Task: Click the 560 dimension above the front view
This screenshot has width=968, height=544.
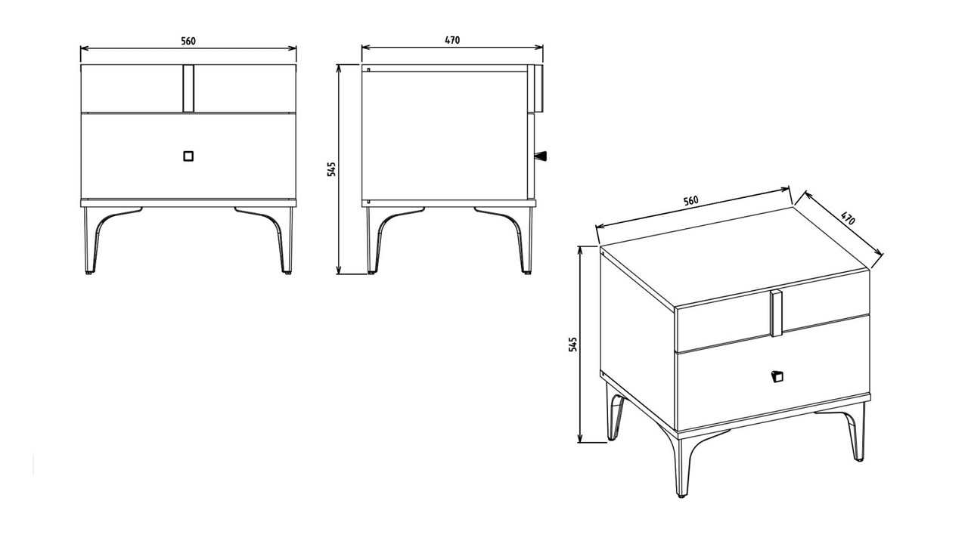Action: coord(188,41)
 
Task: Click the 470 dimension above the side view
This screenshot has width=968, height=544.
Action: coord(452,40)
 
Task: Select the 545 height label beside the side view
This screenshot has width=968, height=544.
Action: coord(331,169)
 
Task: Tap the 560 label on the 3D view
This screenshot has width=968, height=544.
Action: coord(690,201)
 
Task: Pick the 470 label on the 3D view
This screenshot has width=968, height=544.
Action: coord(848,218)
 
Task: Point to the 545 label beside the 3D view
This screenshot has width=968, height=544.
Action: coord(572,345)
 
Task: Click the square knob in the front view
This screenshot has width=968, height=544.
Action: coord(188,156)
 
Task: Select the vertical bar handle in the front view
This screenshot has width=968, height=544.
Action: coord(188,88)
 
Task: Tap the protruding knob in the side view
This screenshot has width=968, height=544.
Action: coord(541,156)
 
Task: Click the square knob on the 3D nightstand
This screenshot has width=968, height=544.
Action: coord(777,376)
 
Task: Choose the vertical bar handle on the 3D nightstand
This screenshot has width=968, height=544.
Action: coord(776,314)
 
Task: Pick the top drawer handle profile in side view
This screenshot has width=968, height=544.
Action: coord(538,88)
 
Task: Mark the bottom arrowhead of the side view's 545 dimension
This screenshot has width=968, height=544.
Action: coord(340,270)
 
